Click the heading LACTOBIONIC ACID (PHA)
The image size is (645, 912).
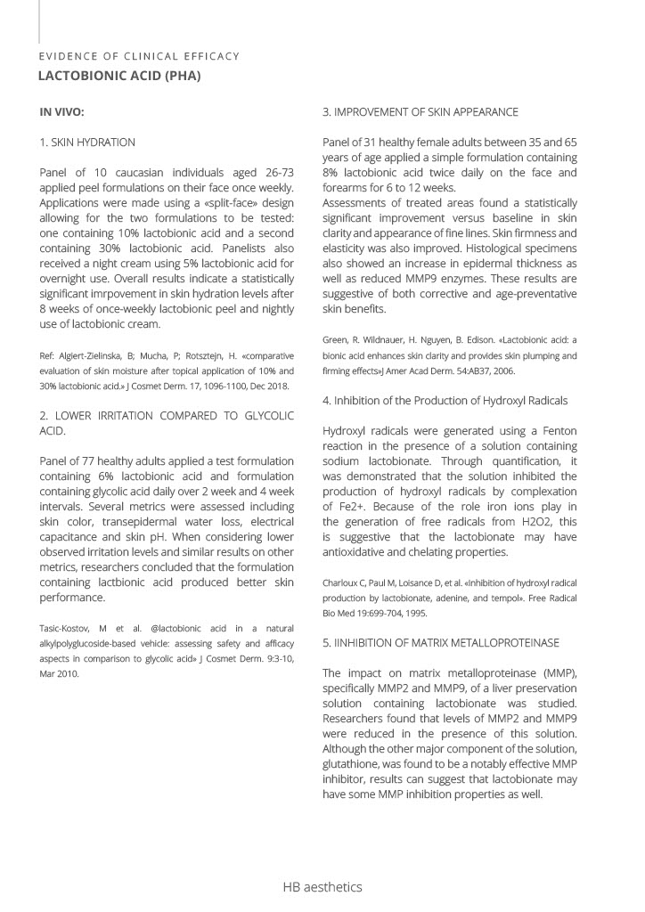point(118,77)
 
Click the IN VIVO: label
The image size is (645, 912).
point(61,112)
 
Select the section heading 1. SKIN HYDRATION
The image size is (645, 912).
point(87,142)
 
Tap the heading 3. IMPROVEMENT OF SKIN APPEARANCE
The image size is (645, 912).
point(420,112)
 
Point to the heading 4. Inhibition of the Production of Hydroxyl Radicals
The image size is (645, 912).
point(445,401)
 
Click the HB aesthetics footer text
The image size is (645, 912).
point(322,887)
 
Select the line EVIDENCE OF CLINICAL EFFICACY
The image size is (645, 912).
point(139,56)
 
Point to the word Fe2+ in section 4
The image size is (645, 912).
point(339,507)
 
